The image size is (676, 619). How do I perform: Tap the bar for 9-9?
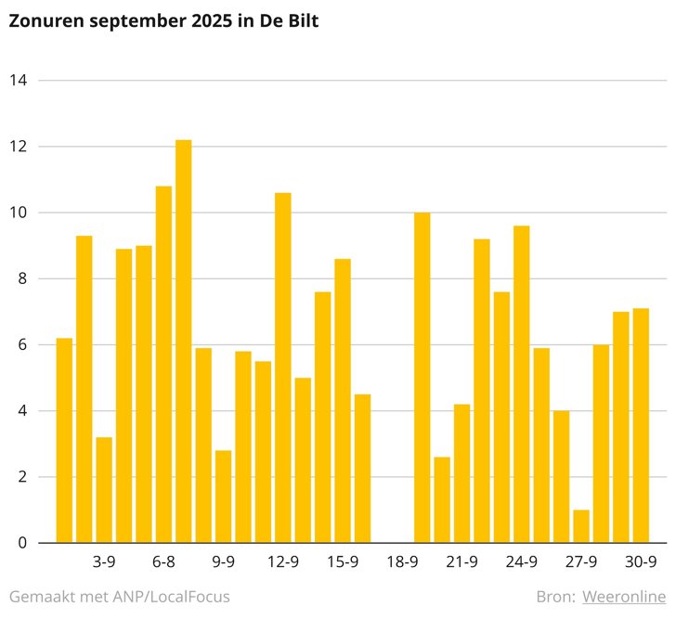[223, 496]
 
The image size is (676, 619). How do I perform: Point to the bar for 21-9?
[461, 473]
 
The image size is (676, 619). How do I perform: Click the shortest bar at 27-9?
[581, 526]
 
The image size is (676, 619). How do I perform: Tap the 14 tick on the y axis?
[17, 81]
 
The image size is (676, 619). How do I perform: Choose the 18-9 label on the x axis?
[402, 561]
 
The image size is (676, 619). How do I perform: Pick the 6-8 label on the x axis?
[163, 561]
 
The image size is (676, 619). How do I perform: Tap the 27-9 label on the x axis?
[581, 561]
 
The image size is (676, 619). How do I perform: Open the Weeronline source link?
[624, 597]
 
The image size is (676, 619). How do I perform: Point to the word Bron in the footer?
[555, 597]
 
